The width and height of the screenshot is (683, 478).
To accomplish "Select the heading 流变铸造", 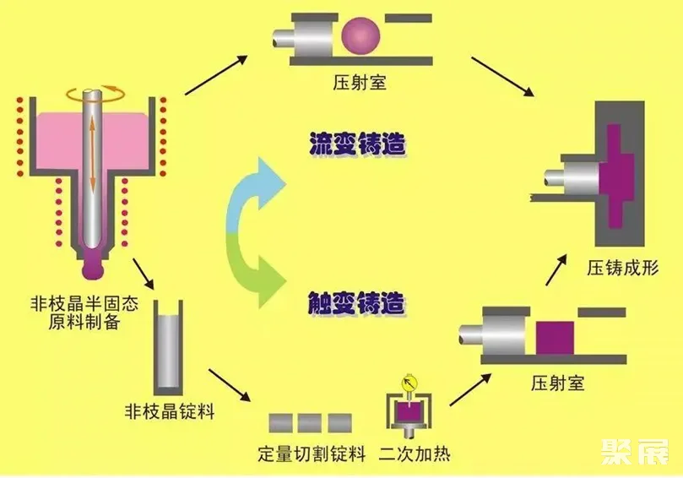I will (x=345, y=144).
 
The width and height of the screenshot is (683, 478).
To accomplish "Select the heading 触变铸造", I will (x=345, y=301).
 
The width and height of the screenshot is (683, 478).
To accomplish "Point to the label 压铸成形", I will (x=623, y=268).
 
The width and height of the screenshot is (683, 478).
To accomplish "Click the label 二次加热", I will (x=415, y=454).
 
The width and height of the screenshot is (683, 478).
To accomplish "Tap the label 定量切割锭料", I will (x=312, y=454).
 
